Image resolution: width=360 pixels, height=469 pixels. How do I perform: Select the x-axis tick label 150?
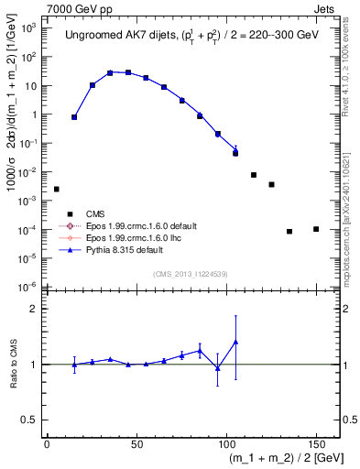(x=316, y=442)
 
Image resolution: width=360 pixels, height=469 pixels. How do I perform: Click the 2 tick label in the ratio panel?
(x=36, y=309)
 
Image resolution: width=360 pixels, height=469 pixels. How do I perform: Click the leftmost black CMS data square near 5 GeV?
(x=56, y=189)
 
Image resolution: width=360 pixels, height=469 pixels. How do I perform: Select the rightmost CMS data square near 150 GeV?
(x=316, y=229)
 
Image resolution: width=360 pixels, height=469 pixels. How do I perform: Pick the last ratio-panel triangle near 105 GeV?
(x=235, y=342)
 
